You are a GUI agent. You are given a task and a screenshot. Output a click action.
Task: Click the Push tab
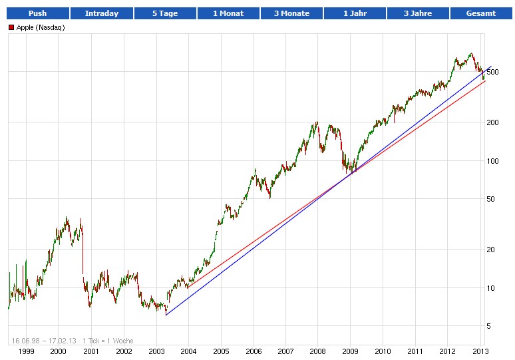37,13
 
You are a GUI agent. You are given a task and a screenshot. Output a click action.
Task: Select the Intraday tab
101,13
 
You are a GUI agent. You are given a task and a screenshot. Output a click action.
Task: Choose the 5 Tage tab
164,13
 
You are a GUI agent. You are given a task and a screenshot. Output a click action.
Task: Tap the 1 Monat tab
228,13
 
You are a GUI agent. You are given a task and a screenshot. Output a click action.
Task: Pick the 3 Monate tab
291,13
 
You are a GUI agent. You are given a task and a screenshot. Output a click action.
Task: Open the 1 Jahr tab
354,13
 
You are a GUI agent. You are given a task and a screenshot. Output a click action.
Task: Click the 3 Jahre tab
418,13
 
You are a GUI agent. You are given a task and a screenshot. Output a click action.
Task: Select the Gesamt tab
481,13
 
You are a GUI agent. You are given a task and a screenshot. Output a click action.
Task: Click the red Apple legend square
11,27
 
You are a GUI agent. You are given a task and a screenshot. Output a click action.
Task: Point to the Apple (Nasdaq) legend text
41,27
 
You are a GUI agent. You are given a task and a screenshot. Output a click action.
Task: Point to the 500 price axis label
492,72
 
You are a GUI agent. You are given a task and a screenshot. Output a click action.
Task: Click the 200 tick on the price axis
492,122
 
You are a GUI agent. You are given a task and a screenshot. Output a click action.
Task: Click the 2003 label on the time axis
156,351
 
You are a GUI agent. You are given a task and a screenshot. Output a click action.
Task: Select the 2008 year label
318,351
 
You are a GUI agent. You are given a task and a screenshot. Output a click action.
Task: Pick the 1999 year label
26,351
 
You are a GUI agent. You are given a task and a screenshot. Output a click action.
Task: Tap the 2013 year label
480,351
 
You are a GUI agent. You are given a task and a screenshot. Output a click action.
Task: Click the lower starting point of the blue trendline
166,315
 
